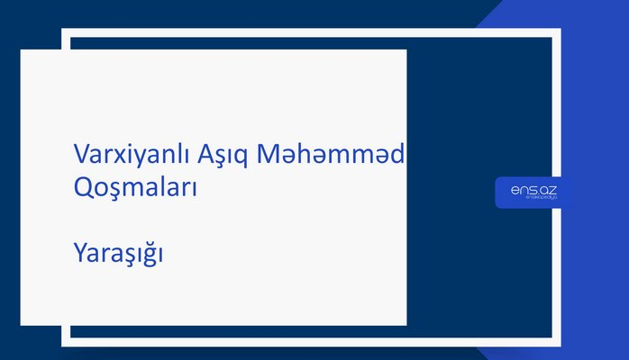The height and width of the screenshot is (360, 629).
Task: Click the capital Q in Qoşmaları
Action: coord(82,188)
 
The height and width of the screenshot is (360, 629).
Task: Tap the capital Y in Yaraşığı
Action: coord(79,254)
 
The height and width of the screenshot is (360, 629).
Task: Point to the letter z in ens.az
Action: coord(552,189)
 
